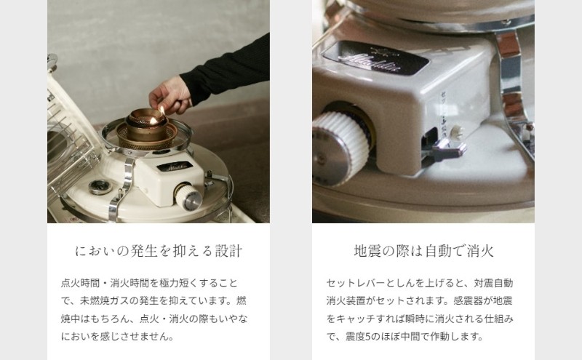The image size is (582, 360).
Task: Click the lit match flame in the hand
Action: tap(162, 111)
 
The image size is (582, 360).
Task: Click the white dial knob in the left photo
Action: tap(188, 196)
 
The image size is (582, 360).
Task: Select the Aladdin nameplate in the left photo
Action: tap(175, 166)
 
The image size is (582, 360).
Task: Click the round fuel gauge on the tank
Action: tap(100, 187)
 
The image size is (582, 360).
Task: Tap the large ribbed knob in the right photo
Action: tap(340, 148)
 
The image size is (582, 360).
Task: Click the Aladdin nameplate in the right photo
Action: tap(375, 57)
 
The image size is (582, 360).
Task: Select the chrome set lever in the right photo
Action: tap(447, 148)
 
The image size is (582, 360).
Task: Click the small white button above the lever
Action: tap(457, 132)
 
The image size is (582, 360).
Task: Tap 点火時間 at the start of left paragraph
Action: tap(80, 283)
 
